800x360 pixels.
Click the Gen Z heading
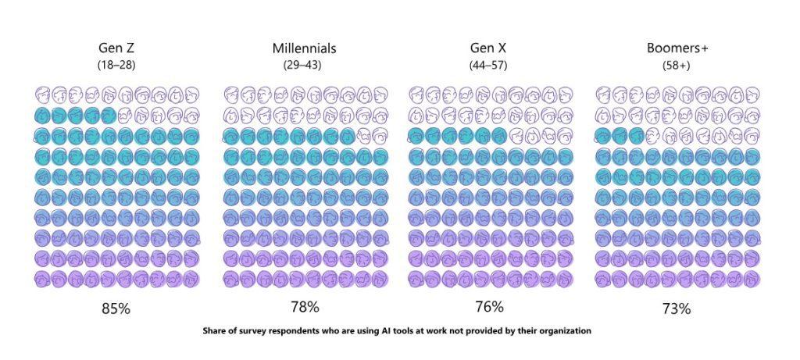click(x=116, y=48)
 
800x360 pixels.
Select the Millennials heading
click(x=302, y=48)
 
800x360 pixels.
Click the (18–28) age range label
click(x=116, y=66)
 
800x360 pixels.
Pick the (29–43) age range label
click(x=302, y=66)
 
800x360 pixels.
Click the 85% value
click(x=116, y=308)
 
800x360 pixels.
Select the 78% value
click(x=302, y=307)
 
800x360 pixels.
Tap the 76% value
click(x=488, y=307)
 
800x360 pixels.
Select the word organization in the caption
click(x=562, y=331)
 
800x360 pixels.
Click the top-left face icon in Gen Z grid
click(x=43, y=95)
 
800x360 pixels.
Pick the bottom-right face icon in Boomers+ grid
click(x=753, y=278)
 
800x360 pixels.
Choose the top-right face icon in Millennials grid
click(x=381, y=95)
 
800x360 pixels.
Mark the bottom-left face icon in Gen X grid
click(x=416, y=278)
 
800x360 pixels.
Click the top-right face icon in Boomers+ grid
click(x=753, y=95)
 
